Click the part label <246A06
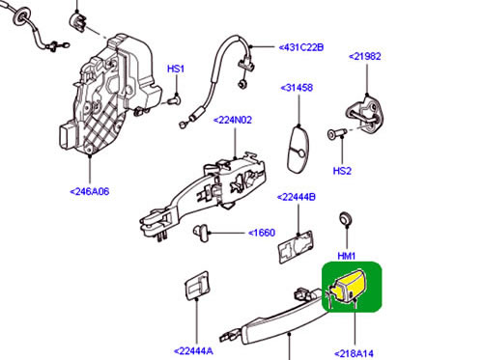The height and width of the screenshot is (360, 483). [x=90, y=191]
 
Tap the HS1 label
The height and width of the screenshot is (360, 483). [x=176, y=69]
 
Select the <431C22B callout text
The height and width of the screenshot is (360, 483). [x=301, y=47]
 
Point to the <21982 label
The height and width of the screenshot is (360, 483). [x=365, y=56]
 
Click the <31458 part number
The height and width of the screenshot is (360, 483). [x=297, y=88]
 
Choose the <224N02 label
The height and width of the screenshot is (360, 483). [x=233, y=120]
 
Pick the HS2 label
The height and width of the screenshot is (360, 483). [x=342, y=171]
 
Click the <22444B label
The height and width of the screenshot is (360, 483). [x=297, y=197]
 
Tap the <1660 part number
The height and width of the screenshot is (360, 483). [x=262, y=233]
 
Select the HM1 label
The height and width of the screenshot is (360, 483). [x=347, y=256]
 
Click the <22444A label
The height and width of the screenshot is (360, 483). [x=193, y=351]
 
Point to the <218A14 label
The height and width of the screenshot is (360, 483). [x=355, y=354]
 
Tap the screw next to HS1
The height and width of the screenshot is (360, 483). [x=174, y=100]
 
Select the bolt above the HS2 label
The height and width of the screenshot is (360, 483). [x=336, y=133]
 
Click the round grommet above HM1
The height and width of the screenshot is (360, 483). [x=346, y=219]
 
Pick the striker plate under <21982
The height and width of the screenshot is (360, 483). [x=365, y=115]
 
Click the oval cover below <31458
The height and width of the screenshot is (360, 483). [x=298, y=150]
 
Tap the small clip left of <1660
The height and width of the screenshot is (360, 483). [x=201, y=233]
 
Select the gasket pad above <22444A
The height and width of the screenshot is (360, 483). [x=197, y=286]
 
